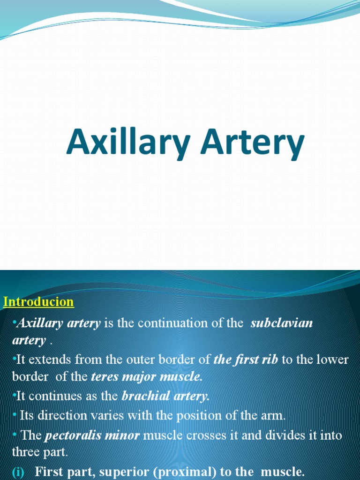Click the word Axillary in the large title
(129, 143)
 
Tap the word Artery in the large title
(253, 143)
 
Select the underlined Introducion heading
(38, 301)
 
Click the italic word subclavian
(282, 323)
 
